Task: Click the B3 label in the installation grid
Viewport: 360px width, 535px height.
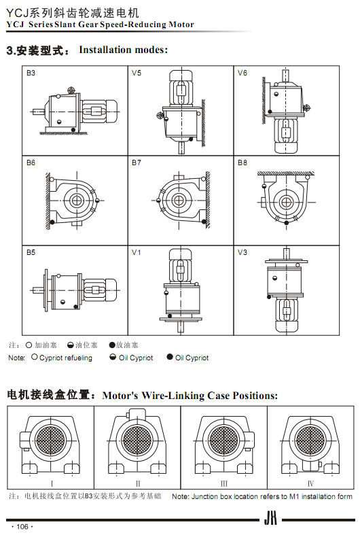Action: (x=31, y=73)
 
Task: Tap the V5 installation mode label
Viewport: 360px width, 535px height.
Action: (x=137, y=73)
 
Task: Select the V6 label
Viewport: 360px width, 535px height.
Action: (x=242, y=73)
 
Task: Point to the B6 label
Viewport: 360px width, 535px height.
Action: (x=31, y=162)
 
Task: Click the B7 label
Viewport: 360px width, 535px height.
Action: (x=137, y=162)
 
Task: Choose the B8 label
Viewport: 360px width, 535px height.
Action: (x=242, y=162)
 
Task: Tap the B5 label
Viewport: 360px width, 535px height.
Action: (x=31, y=252)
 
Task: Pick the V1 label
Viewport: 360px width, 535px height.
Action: (x=137, y=252)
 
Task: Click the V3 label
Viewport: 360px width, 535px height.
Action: (x=242, y=252)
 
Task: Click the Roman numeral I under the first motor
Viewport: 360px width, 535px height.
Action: (x=52, y=483)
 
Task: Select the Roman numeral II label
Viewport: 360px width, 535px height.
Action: (x=138, y=483)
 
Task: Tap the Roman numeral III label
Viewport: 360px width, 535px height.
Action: (x=224, y=483)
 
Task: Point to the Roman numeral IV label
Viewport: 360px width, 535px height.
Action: (x=310, y=483)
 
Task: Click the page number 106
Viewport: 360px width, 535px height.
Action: (x=22, y=526)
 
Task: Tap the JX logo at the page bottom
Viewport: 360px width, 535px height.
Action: (x=270, y=519)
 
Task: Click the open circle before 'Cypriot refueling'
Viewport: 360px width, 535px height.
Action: (x=34, y=357)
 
